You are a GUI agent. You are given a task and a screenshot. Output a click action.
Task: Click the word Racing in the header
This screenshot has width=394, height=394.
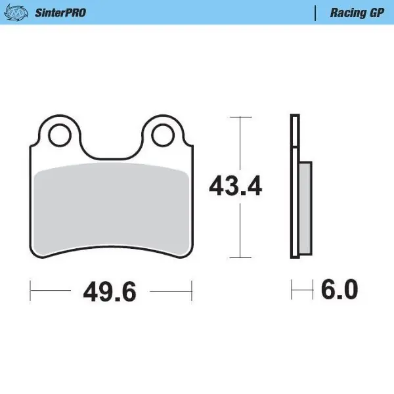(x=344, y=12)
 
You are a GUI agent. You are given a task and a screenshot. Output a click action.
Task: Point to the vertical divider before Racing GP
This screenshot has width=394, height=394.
(x=316, y=12)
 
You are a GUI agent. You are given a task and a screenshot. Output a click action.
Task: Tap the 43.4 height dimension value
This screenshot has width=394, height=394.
(x=235, y=187)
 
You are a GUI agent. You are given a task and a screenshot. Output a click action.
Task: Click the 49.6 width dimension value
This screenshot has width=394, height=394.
(x=110, y=290)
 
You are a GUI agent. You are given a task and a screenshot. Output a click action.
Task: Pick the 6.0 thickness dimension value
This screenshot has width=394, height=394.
(x=339, y=289)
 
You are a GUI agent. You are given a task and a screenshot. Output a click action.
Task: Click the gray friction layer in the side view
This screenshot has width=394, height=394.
(x=305, y=208)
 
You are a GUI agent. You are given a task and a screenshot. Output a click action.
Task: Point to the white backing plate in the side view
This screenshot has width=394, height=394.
(x=295, y=187)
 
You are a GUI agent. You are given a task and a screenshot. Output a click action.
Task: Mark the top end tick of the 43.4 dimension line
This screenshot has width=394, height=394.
(x=242, y=117)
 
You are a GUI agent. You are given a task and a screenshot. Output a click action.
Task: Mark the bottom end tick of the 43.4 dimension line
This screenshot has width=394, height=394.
(x=242, y=257)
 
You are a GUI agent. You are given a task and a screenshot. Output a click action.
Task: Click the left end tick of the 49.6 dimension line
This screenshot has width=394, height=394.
(x=31, y=289)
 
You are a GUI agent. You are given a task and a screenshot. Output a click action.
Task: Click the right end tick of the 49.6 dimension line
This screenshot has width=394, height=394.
(x=191, y=289)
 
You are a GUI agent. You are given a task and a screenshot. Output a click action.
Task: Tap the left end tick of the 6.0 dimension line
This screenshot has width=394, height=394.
(x=292, y=289)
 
